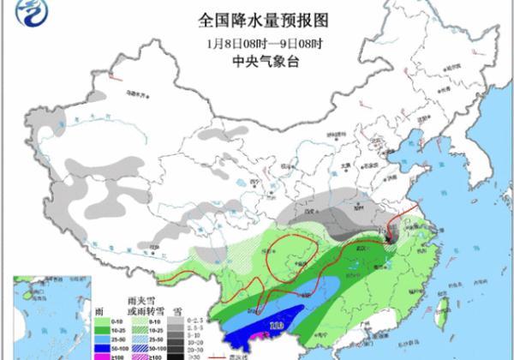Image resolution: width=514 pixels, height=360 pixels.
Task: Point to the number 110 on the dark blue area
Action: (x=277, y=326)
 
